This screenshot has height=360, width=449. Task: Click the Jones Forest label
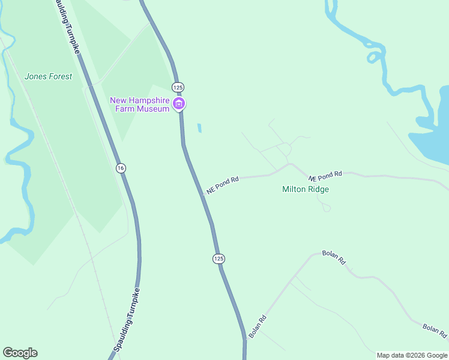point(48,76)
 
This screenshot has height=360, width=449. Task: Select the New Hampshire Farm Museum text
point(139,104)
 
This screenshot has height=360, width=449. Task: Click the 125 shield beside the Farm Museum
point(178,87)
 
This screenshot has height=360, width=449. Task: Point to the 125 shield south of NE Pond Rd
point(218,258)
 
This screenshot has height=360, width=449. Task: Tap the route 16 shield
point(121,168)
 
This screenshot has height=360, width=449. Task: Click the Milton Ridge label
point(306,189)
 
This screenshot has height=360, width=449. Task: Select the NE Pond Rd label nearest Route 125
point(223,184)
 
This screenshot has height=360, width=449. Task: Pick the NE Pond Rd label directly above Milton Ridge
point(325,176)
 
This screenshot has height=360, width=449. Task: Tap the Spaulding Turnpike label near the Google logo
point(128,321)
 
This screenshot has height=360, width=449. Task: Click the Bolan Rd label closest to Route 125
point(258,327)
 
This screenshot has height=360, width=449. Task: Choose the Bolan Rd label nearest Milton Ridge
point(334,257)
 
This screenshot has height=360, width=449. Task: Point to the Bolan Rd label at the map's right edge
point(435,330)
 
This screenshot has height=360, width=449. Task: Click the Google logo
point(20,353)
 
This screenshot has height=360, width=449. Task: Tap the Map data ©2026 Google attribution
point(412,355)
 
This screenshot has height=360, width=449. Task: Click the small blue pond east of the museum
point(199,128)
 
